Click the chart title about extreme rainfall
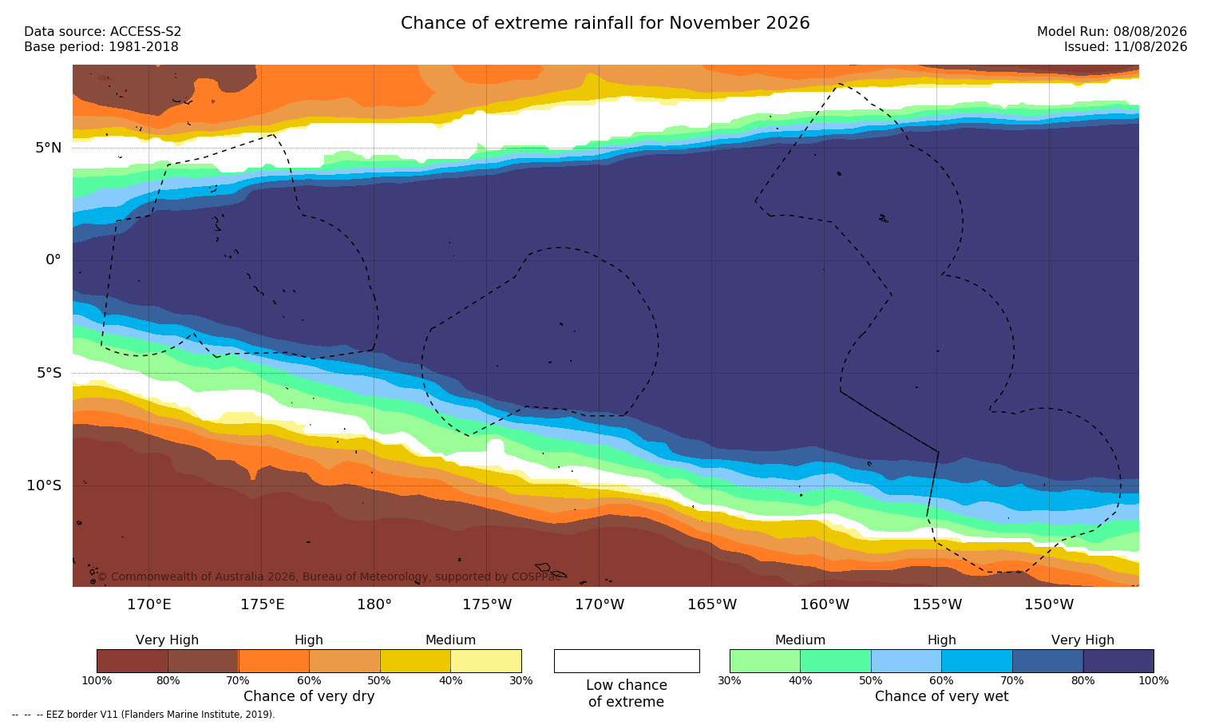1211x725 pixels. pyautogui.click(x=605, y=23)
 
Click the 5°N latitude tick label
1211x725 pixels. pyautogui.click(x=49, y=148)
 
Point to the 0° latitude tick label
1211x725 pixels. pyautogui.click(x=53, y=260)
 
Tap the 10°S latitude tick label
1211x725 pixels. pyautogui.click(x=45, y=485)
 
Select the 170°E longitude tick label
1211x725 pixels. pyautogui.click(x=149, y=604)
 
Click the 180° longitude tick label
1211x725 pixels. pyautogui.click(x=374, y=604)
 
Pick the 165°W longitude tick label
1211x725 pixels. pyautogui.click(x=712, y=604)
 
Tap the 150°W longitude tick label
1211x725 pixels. pyautogui.click(x=1050, y=604)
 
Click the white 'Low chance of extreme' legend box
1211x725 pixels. pyautogui.click(x=627, y=660)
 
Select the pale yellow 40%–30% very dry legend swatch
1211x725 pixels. pyautogui.click(x=486, y=660)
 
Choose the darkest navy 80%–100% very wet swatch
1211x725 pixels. pyautogui.click(x=1118, y=660)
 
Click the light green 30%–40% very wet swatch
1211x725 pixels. pyautogui.click(x=765, y=660)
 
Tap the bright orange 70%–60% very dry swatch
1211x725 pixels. pyautogui.click(x=274, y=660)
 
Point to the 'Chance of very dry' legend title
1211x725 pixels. pyautogui.click(x=309, y=696)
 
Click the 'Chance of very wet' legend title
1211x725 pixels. pyautogui.click(x=942, y=696)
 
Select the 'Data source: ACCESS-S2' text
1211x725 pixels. pyautogui.click(x=103, y=32)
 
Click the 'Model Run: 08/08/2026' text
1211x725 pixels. pyautogui.click(x=1111, y=32)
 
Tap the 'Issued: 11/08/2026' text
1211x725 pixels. pyautogui.click(x=1126, y=47)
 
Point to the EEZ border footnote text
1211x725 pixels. pyautogui.click(x=143, y=714)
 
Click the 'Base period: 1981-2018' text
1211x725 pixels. pyautogui.click(x=101, y=47)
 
